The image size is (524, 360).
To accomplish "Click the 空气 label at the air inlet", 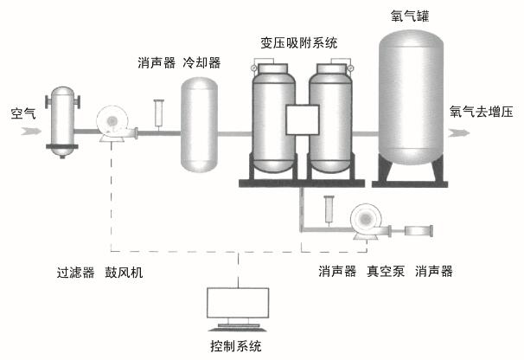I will click(23, 112).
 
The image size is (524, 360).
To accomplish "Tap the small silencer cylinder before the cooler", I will click(158, 112).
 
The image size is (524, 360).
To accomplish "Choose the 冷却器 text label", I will click(201, 63).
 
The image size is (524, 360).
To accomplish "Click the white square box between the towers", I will click(303, 121).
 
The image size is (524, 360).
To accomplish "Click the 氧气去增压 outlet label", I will click(482, 112).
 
